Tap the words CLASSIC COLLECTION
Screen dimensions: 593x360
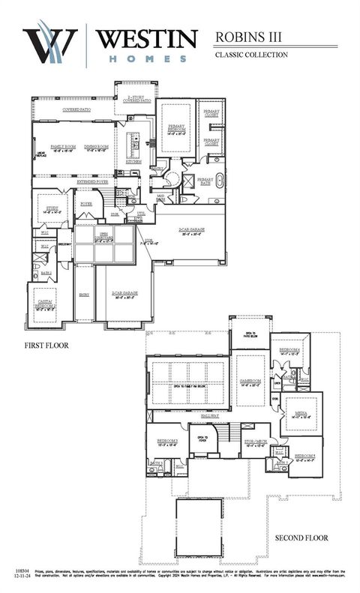[x=251, y=55]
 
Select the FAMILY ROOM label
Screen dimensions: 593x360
[x=64, y=146]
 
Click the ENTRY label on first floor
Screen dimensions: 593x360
[x=84, y=295]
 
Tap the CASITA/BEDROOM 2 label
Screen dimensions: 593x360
[x=46, y=304]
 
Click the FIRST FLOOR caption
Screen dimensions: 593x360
[x=47, y=345]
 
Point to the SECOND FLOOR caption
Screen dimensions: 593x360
[x=301, y=538]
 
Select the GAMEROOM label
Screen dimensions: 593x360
[x=249, y=381]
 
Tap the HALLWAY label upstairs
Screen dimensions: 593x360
[x=229, y=415]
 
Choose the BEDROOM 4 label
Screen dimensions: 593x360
[x=290, y=350]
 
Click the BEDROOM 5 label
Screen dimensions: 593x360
[x=304, y=456]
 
